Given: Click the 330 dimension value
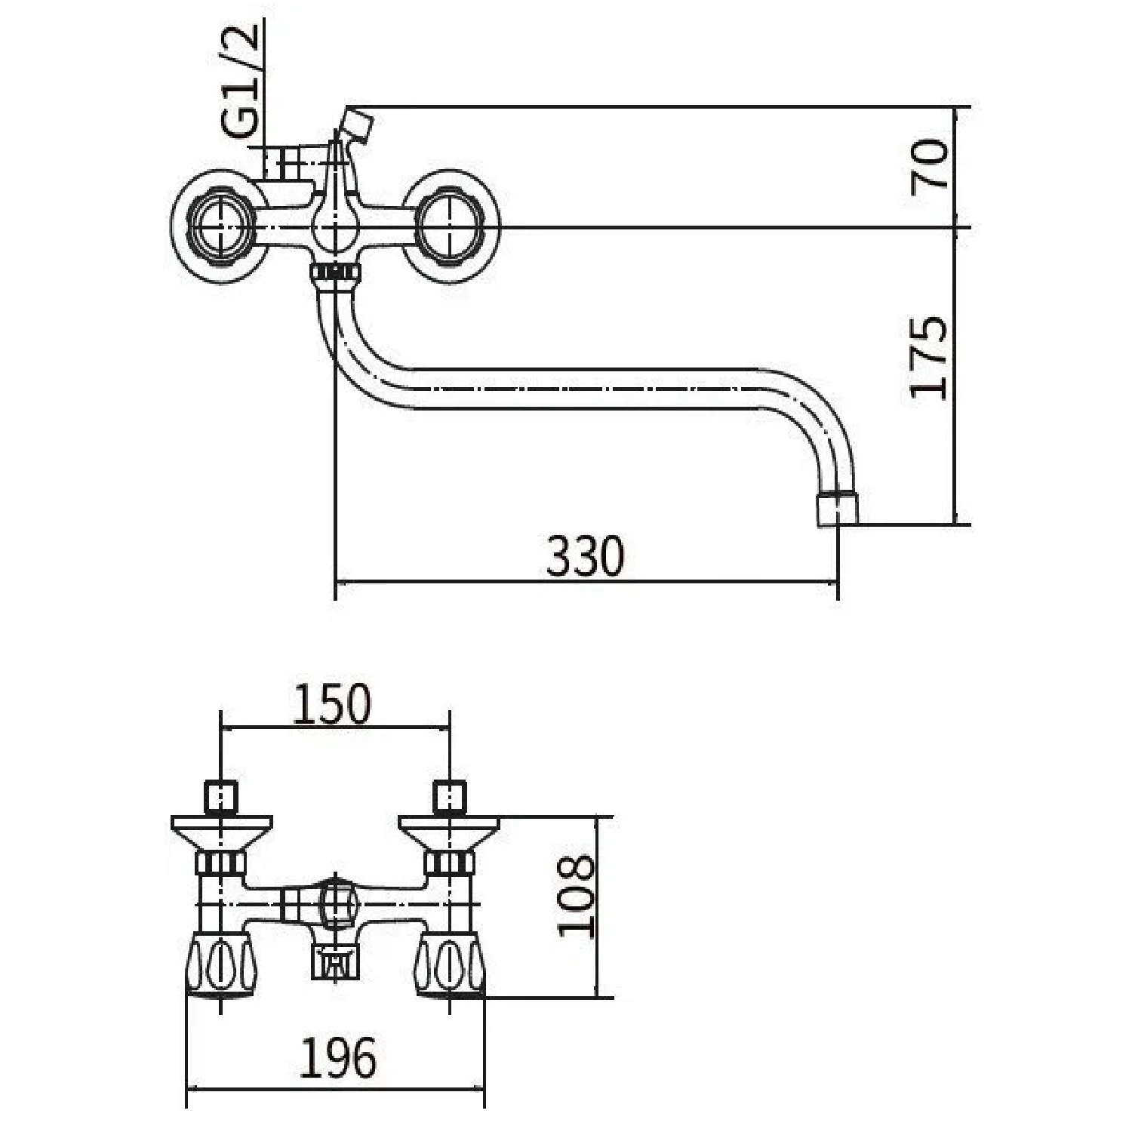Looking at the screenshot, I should click(x=586, y=556).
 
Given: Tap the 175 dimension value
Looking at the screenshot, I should click(x=927, y=357).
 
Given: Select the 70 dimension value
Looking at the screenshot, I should click(x=929, y=166).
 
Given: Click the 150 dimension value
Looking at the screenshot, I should click(x=332, y=704).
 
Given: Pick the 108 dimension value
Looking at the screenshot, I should click(x=577, y=895).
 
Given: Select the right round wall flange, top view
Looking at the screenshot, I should click(x=451, y=227).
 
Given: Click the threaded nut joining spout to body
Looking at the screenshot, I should click(x=333, y=272).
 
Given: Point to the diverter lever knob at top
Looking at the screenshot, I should click(x=356, y=124).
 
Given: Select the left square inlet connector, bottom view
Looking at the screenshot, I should click(x=221, y=796).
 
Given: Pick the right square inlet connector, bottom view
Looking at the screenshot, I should click(x=451, y=796).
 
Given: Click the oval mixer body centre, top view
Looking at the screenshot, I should click(x=334, y=226).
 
